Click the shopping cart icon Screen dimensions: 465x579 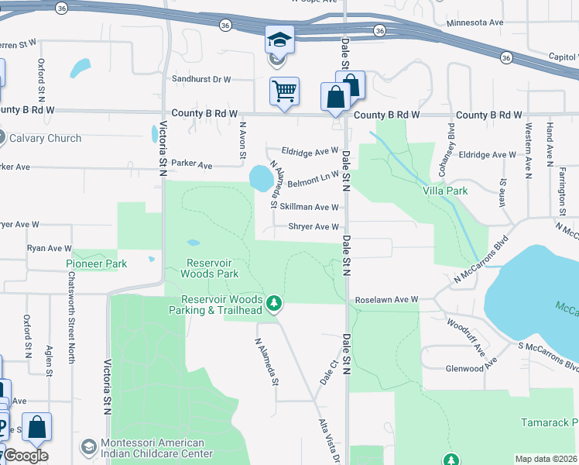pos(284,91)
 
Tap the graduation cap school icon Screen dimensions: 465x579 pos(279,39)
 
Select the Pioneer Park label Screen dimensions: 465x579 pos(96,263)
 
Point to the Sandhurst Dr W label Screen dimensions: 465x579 pos(202,79)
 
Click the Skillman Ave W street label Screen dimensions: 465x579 pos(309,207)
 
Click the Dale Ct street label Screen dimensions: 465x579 pos(325,373)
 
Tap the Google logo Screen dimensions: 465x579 pos(26,456)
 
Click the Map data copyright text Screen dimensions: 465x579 pos(546,459)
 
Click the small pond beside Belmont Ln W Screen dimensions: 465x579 pos(261,179)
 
